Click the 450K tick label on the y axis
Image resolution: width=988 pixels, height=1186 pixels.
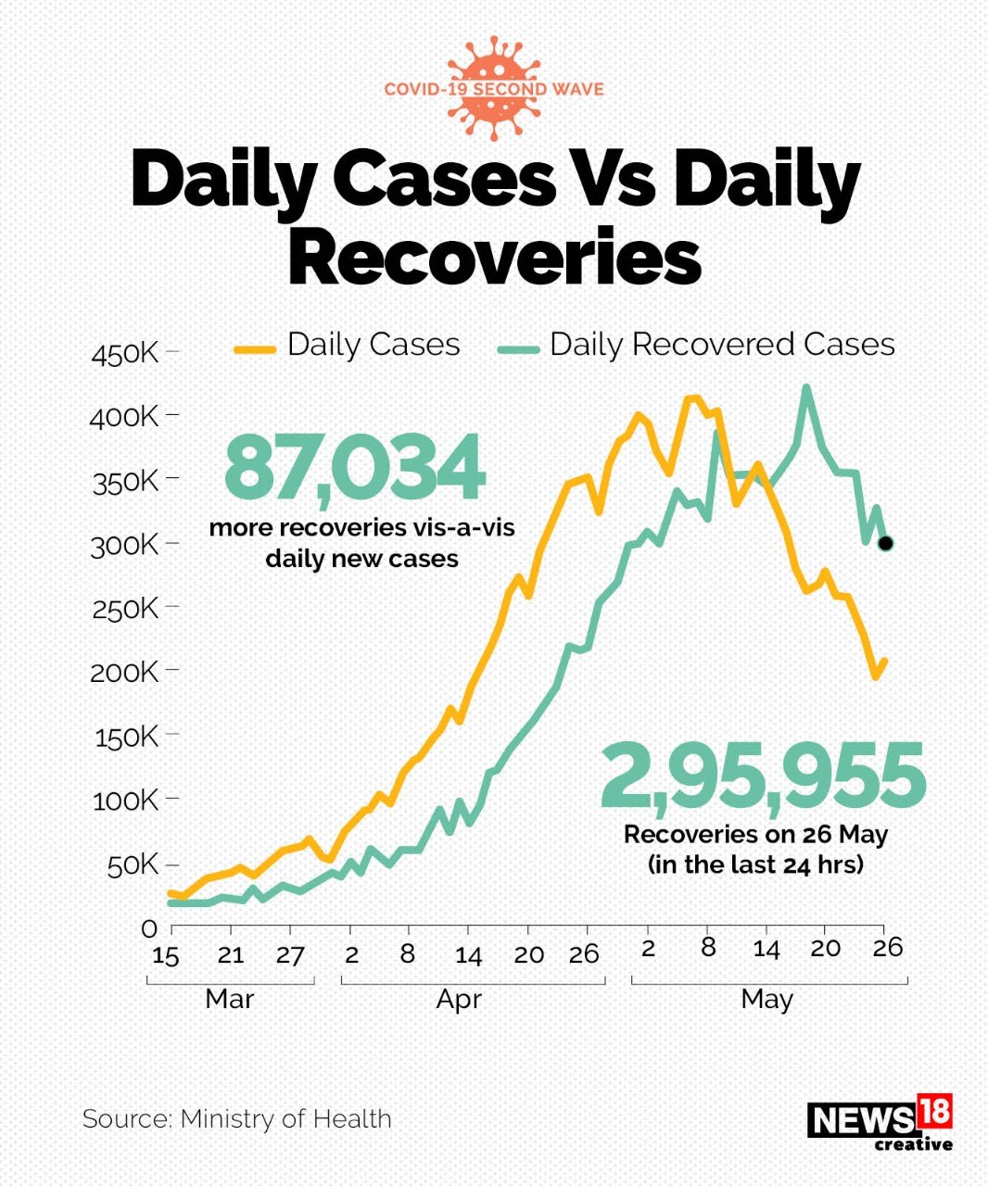pos(125,354)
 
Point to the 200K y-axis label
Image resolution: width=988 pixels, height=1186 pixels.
pos(124,672)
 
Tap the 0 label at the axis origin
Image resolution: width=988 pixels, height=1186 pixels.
pos(149,928)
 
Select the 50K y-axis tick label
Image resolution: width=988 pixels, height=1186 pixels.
pos(133,865)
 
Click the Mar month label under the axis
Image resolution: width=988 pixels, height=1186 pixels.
pos(229,999)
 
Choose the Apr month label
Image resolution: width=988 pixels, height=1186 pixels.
pos(459,1000)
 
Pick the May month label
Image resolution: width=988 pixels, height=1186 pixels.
pos(766,1000)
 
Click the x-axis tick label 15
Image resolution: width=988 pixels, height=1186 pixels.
pos(165,955)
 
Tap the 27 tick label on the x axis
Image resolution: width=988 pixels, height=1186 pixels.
pos(290,955)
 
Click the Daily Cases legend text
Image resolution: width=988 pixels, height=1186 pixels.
pos(374,345)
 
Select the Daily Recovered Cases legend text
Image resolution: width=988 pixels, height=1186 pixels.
pos(722,345)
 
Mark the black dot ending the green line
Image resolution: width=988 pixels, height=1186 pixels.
pos(885,543)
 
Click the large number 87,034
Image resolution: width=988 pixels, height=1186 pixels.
pos(354,468)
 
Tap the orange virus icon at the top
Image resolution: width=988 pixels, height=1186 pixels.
pos(493,89)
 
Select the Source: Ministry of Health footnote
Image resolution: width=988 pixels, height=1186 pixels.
pos(237,1118)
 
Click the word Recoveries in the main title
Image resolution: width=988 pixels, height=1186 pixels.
pos(494,257)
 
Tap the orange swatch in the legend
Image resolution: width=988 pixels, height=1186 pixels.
pos(255,349)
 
